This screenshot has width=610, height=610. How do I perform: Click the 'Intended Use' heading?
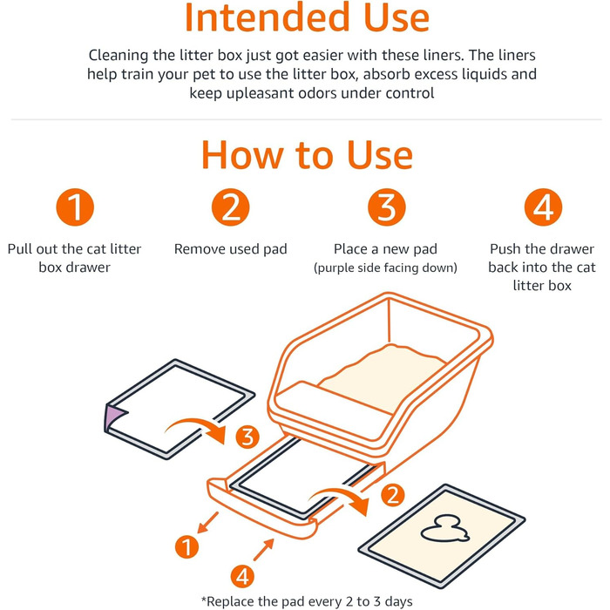click(307, 17)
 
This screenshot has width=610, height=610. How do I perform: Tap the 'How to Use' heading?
click(307, 155)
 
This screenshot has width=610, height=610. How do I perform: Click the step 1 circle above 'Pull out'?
click(75, 207)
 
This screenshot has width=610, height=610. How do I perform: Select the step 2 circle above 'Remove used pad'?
click(231, 207)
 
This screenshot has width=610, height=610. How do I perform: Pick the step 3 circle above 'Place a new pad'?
click(387, 207)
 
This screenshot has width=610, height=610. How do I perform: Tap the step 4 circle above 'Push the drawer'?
click(543, 207)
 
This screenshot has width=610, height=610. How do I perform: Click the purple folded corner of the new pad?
click(114, 417)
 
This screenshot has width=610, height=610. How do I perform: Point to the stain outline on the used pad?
click(444, 529)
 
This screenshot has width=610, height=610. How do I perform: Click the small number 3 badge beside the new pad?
click(247, 437)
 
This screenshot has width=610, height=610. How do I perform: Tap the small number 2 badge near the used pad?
click(392, 495)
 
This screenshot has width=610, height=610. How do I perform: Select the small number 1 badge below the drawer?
click(186, 546)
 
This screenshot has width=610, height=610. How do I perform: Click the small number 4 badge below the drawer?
click(242, 577)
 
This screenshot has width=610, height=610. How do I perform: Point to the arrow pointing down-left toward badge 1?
click(207, 523)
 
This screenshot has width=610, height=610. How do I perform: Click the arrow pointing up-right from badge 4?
click(264, 549)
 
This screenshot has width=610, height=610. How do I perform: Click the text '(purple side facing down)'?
click(385, 268)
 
